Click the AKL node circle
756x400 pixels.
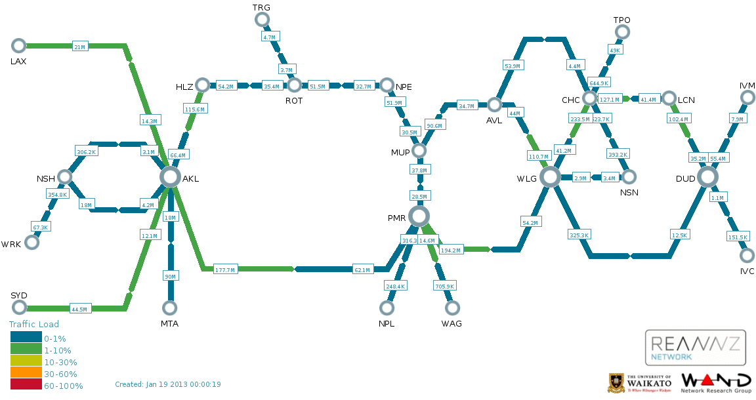[170, 176]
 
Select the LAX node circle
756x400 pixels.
[18, 45]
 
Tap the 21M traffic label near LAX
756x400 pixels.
[79, 47]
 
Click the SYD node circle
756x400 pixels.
[18, 308]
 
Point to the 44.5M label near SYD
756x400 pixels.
[79, 309]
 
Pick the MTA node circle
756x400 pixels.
[170, 308]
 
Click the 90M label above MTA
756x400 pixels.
[170, 277]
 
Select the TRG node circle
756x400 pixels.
[262, 20]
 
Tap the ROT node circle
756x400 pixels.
[294, 85]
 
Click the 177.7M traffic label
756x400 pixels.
[225, 270]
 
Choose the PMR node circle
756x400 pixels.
[419, 216]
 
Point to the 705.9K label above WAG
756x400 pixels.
[444, 286]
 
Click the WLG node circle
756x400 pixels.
[550, 176]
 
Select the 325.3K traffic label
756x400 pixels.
[579, 234]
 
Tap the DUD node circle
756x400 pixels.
[707, 176]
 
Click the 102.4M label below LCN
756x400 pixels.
[678, 119]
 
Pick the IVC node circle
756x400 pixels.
[747, 255]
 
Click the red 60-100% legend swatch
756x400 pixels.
[26, 386]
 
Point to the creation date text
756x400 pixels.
[167, 384]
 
